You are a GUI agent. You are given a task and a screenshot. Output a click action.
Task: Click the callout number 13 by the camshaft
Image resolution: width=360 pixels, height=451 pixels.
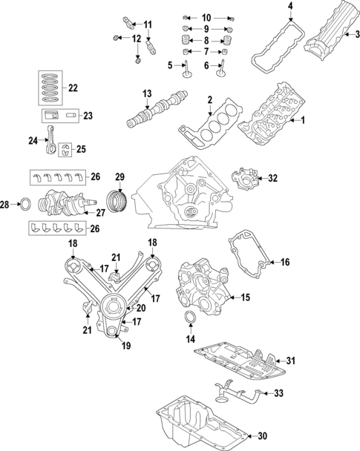click(x=147, y=93)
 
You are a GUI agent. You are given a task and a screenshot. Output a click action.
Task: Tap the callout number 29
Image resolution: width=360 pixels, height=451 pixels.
click(x=120, y=177)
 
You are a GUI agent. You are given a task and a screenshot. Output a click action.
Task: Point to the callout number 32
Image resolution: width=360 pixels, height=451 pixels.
click(x=272, y=178)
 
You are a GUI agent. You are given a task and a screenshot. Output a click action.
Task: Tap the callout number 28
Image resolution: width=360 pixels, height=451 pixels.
click(x=5, y=203)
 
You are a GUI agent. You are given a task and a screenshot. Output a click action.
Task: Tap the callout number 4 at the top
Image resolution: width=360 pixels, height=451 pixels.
click(x=290, y=7)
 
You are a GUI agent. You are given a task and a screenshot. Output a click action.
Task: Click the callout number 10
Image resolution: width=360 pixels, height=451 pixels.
click(x=206, y=16)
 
